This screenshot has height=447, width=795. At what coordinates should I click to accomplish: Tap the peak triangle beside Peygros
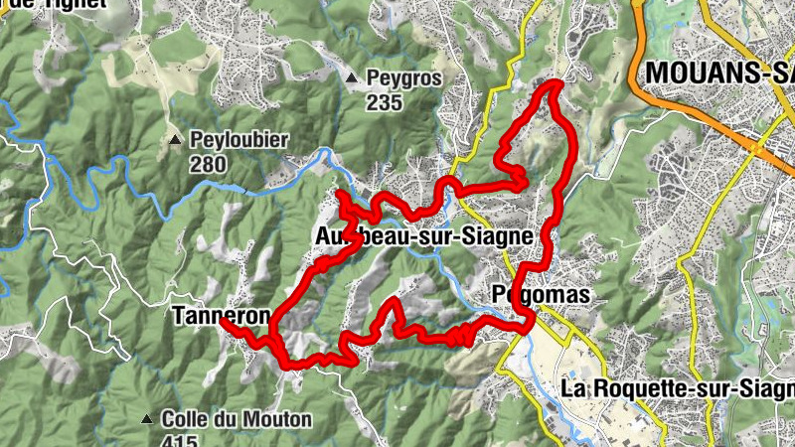coord(351,77)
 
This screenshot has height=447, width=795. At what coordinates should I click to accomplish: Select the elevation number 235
coord(383,101)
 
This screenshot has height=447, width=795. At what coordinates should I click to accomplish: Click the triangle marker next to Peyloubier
coord(174,140)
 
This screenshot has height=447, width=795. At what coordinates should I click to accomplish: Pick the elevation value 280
coord(208,164)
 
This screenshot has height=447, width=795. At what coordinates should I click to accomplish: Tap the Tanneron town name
coord(221,317)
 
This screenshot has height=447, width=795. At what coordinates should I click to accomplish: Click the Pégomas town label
coord(541,295)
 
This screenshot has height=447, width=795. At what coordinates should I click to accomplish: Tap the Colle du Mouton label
coord(237,419)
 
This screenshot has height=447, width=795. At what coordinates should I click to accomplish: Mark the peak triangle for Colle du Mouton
coord(147,419)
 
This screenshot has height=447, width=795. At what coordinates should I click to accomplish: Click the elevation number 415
coord(181,441)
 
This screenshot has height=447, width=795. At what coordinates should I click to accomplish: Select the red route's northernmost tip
coord(554,84)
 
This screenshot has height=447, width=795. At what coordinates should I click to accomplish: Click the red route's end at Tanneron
coord(222,322)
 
